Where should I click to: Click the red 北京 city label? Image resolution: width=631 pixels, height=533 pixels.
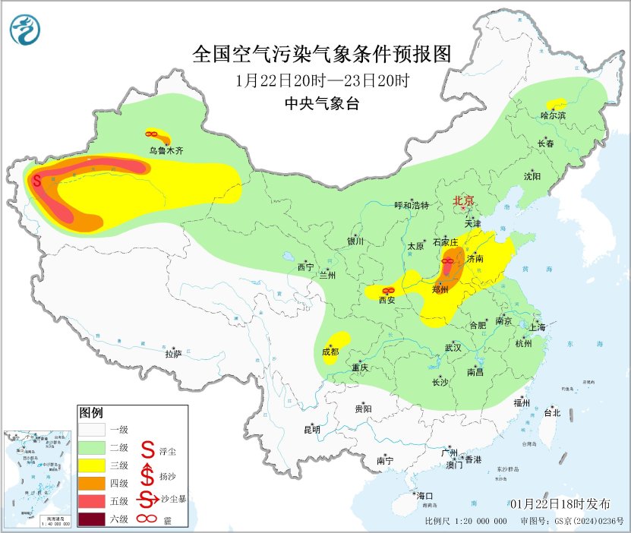[x=463, y=200]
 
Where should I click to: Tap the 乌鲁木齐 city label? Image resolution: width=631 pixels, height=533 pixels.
[x=166, y=150]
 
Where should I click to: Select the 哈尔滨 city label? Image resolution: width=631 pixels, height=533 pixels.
[x=553, y=115]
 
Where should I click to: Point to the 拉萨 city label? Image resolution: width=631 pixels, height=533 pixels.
[x=173, y=353]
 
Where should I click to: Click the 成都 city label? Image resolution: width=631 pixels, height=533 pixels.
[x=330, y=352]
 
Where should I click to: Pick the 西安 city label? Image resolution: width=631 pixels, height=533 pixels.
[x=387, y=300]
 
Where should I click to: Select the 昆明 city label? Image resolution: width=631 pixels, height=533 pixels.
[x=312, y=429]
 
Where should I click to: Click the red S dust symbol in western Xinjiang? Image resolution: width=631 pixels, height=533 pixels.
[x=37, y=181]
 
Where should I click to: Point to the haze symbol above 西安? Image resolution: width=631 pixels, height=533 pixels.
[x=388, y=290]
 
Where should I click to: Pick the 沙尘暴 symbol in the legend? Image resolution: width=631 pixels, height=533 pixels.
[x=147, y=498]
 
